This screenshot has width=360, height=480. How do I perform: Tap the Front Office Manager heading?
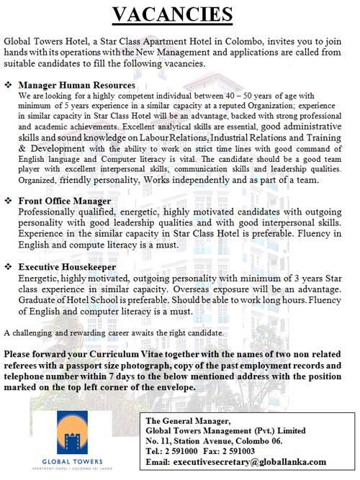65,201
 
